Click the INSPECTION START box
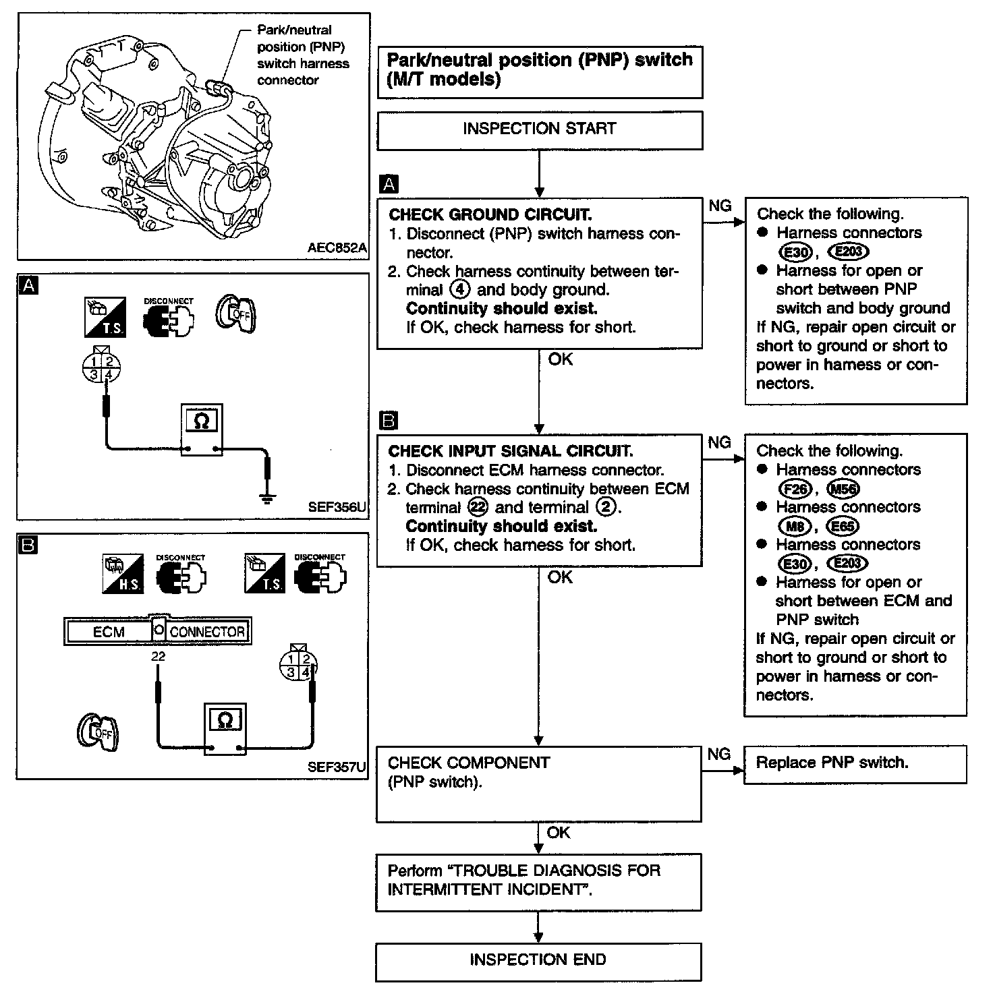click(539, 129)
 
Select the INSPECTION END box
click(538, 960)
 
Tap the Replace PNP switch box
click(855, 764)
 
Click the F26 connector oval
click(795, 489)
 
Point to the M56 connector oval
click(843, 489)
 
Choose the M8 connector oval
click(795, 526)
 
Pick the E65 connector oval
click(843, 526)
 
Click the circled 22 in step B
click(478, 508)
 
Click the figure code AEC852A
click(337, 247)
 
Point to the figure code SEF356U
click(337, 506)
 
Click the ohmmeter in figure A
click(201, 430)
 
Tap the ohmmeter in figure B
click(225, 729)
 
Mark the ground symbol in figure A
click(268, 498)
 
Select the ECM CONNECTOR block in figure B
click(158, 631)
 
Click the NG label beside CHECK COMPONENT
click(719, 754)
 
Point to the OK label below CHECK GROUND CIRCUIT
click(560, 359)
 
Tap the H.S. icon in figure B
click(123, 574)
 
